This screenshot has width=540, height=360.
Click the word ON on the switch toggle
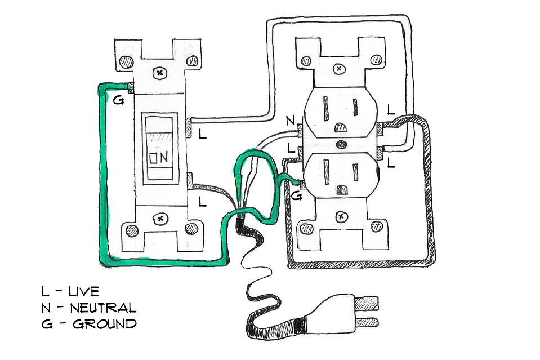pyautogui.click(x=159, y=157)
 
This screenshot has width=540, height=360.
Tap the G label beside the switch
pyautogui.click(x=118, y=100)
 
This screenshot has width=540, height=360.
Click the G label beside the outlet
pyautogui.click(x=296, y=196)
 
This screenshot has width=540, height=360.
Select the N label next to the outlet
pyautogui.click(x=291, y=121)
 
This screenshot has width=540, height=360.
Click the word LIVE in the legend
pyautogui.click(x=84, y=291)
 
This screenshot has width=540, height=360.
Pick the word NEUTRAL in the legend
pyautogui.click(x=103, y=308)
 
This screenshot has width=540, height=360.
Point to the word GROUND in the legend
pyautogui.click(x=105, y=324)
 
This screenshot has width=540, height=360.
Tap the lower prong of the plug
pyautogui.click(x=367, y=322)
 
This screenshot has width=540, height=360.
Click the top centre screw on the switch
pyautogui.click(x=160, y=73)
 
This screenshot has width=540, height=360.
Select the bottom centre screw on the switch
pyautogui.click(x=160, y=219)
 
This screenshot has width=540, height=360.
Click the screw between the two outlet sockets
pyautogui.click(x=342, y=144)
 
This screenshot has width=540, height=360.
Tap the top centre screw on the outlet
pyautogui.click(x=340, y=69)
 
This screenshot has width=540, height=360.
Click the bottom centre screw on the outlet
pyautogui.click(x=341, y=217)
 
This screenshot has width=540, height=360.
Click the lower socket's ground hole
pyautogui.click(x=342, y=190)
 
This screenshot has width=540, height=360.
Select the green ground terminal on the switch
pyautogui.click(x=131, y=88)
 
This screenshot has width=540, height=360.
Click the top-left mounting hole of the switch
pyautogui.click(x=126, y=62)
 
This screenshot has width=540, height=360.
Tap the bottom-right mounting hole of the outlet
pyautogui.click(x=377, y=226)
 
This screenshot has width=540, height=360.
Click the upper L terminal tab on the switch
pyautogui.click(x=189, y=128)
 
